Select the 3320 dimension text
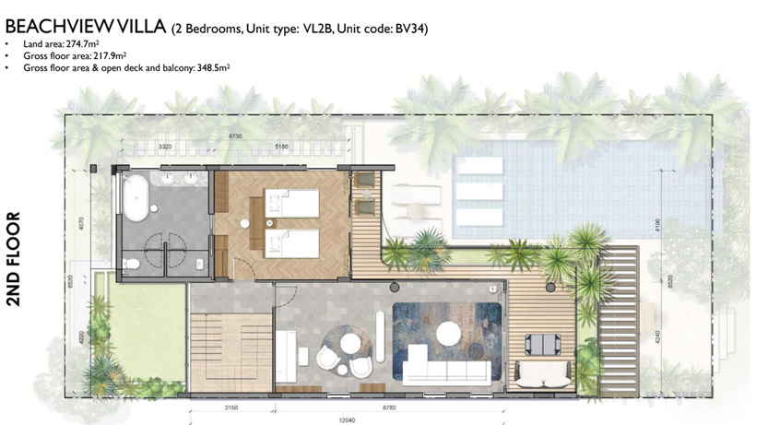(x=165, y=147)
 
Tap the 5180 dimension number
(x=281, y=147)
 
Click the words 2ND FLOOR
(x=13, y=272)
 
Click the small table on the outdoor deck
(x=540, y=344)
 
